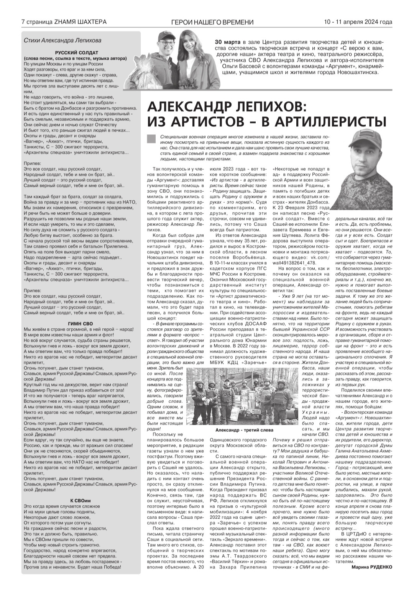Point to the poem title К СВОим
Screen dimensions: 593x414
click(x=80, y=501)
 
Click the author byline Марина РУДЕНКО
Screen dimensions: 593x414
click(x=371, y=568)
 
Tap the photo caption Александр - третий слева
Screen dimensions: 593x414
click(x=244, y=430)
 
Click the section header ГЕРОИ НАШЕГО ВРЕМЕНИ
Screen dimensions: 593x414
click(x=212, y=22)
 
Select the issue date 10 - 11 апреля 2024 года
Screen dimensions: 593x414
click(x=358, y=22)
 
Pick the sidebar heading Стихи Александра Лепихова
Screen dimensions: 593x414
click(x=62, y=40)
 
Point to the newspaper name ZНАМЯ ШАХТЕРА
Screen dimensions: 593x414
click(x=80, y=22)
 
